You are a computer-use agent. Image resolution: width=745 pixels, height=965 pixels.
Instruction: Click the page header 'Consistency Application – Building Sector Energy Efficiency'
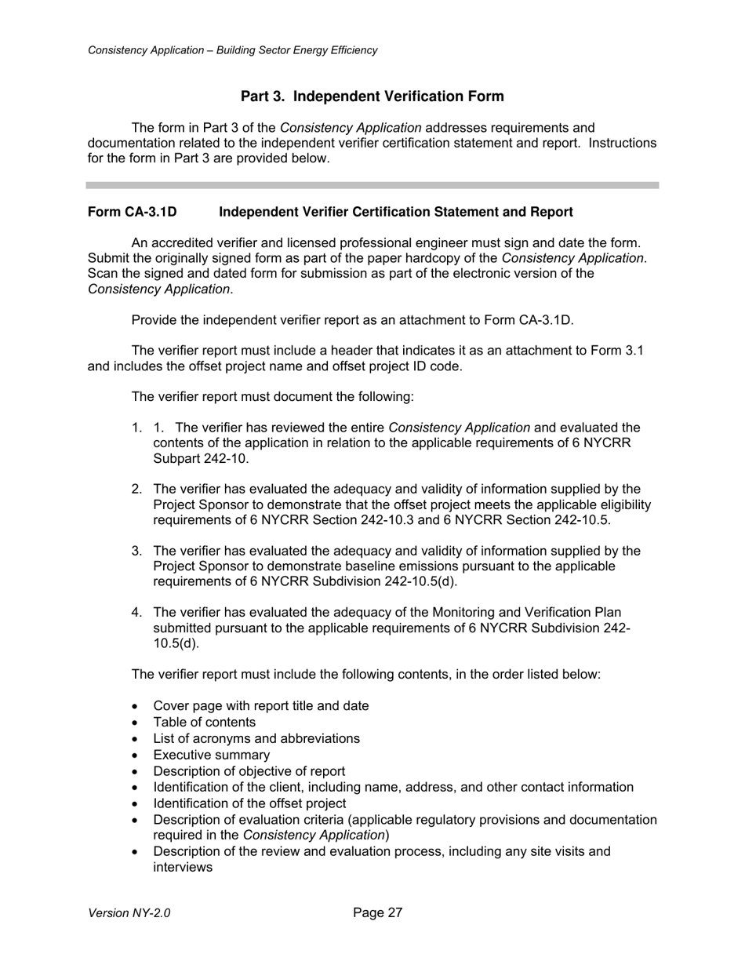233,50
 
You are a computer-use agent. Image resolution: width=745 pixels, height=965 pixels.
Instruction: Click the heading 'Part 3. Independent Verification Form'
372,96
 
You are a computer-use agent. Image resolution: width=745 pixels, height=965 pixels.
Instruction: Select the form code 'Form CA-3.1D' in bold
133,213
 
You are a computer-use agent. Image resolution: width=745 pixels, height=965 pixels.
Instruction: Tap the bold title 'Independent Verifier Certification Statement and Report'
395,213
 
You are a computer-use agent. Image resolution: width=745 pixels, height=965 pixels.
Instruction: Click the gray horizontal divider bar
372,185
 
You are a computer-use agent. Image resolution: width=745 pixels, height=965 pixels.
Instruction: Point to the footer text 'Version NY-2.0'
129,913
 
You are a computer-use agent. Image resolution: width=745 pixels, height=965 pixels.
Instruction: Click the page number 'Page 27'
377,912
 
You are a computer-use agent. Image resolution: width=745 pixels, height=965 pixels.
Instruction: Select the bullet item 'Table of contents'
204,723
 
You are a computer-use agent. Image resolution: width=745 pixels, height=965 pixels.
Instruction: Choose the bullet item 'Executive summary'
211,756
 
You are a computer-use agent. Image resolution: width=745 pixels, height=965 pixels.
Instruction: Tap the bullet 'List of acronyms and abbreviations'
256,739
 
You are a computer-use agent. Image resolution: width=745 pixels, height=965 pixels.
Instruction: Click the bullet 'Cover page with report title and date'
260,706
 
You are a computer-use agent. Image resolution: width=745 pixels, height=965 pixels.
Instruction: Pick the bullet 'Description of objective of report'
249,772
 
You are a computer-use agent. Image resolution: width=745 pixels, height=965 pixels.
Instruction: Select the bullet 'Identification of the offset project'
249,804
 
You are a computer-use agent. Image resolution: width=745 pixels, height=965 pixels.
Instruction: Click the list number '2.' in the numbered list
136,490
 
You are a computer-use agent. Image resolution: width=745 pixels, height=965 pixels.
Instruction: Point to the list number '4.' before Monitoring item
136,613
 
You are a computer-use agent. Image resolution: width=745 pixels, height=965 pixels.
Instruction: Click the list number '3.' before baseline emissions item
136,552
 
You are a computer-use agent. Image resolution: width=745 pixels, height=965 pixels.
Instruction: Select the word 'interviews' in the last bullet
183,868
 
